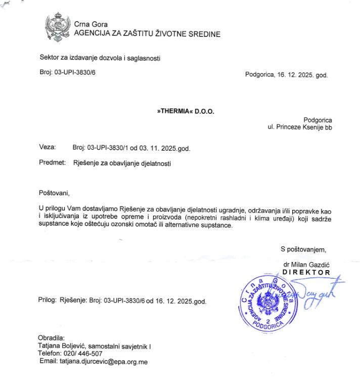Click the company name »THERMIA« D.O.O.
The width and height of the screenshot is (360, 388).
186,111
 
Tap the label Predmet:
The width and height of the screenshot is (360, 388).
52,163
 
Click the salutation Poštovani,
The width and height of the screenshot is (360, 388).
54,193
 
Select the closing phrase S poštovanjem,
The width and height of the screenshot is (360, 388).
303,249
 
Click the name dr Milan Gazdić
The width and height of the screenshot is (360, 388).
306,265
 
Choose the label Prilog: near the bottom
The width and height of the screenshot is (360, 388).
47,300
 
